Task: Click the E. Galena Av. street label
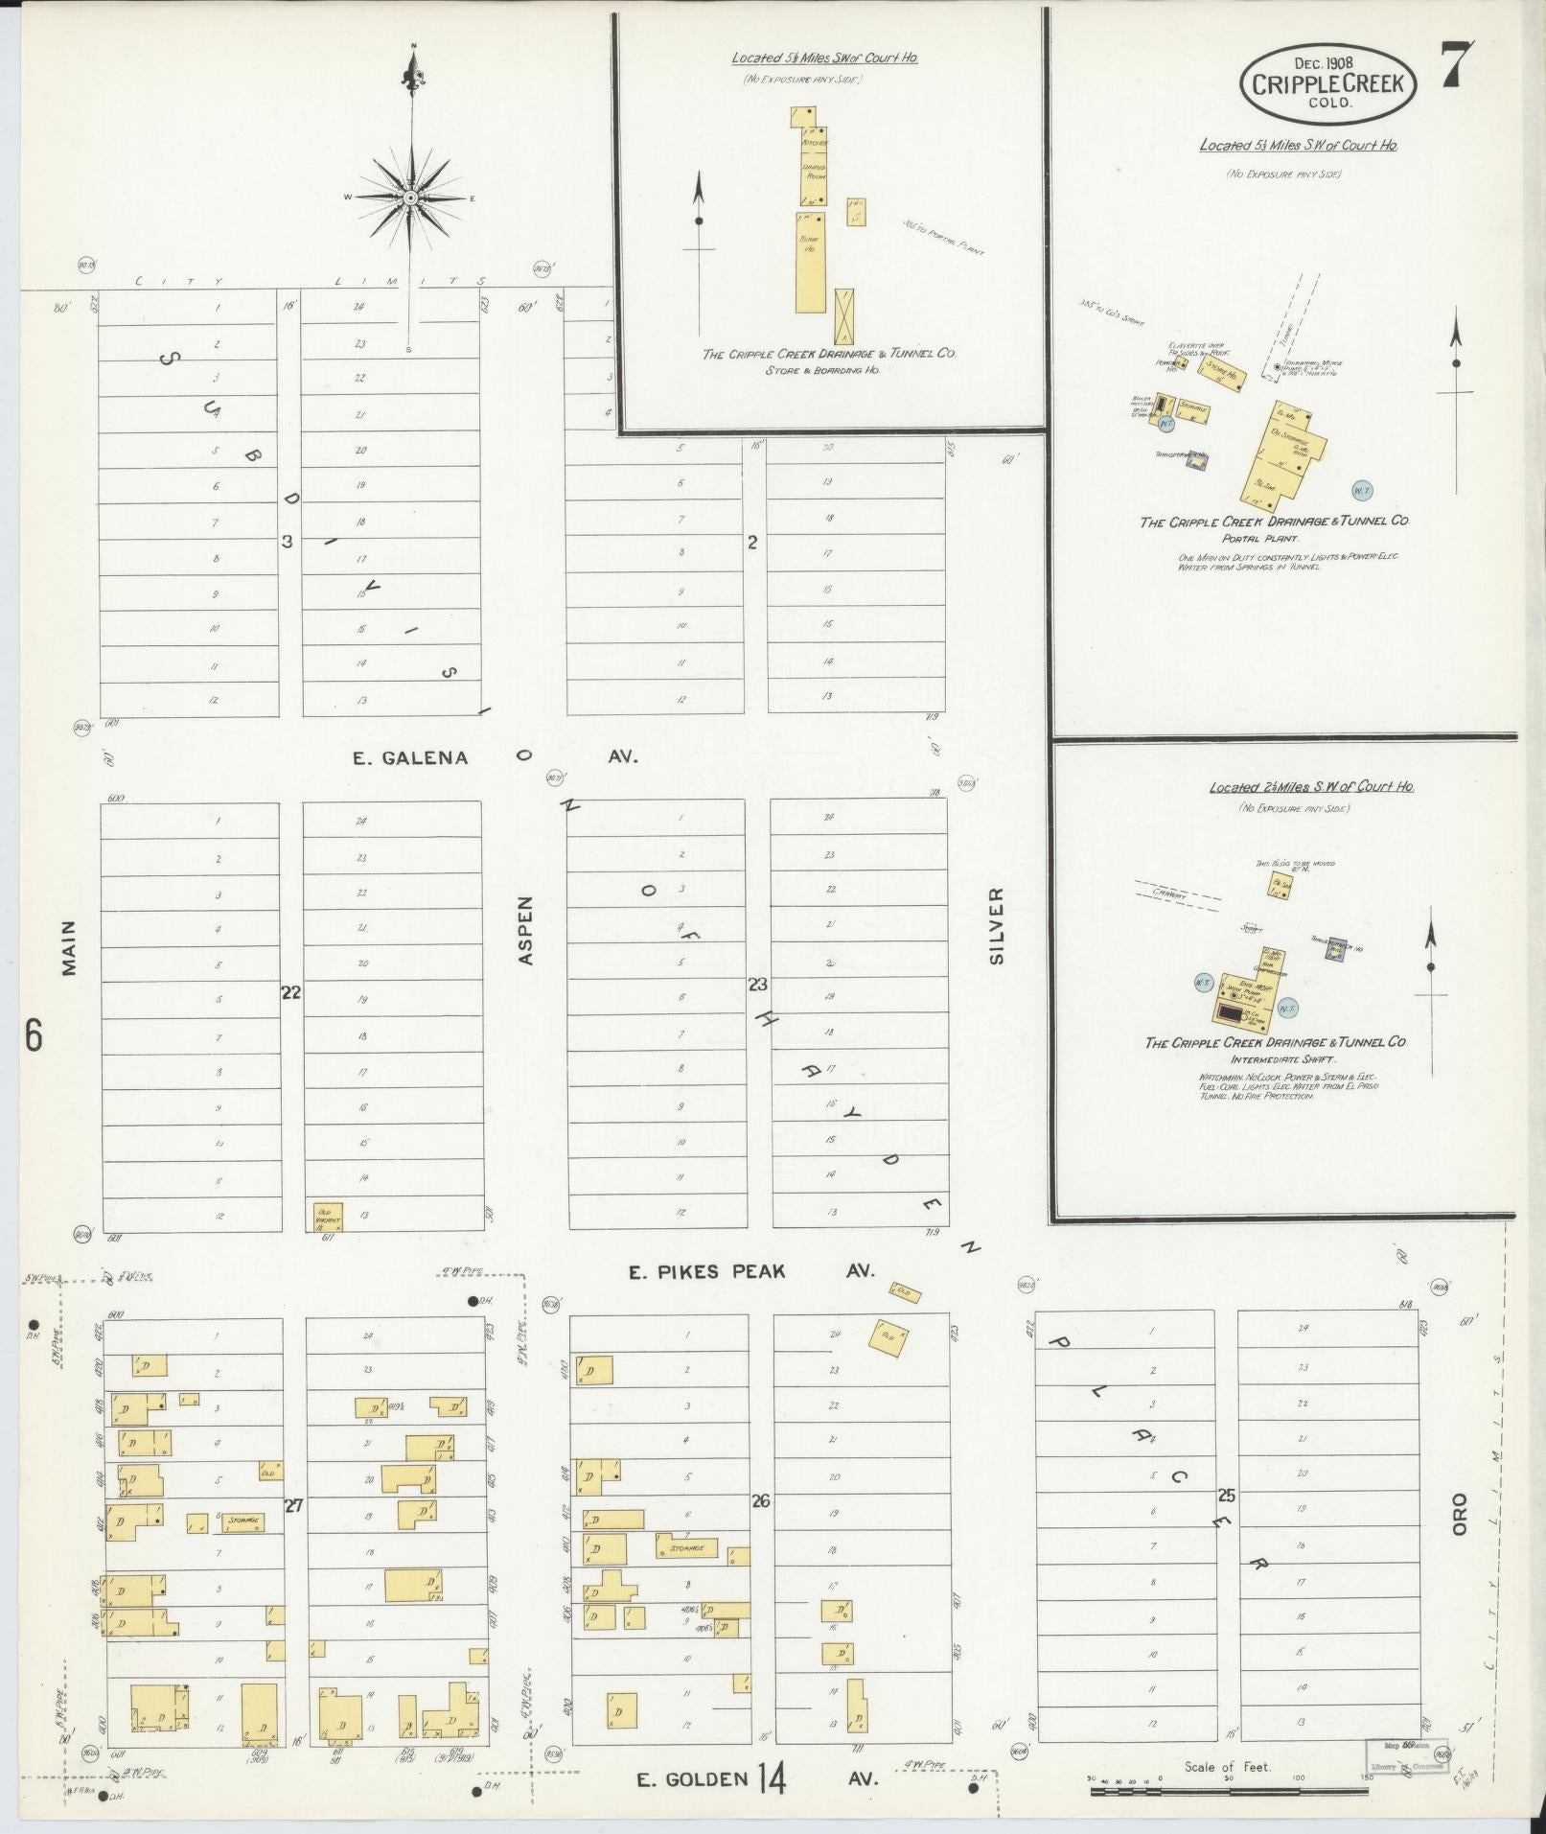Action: pos(495,757)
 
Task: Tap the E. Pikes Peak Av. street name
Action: pos(751,1271)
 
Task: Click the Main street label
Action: pos(68,948)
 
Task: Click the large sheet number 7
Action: pos(1458,66)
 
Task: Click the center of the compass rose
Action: pos(410,197)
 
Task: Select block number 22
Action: pos(290,993)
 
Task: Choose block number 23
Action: pos(758,984)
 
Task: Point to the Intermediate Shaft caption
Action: pos(1276,1059)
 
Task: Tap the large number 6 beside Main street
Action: pos(34,1035)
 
